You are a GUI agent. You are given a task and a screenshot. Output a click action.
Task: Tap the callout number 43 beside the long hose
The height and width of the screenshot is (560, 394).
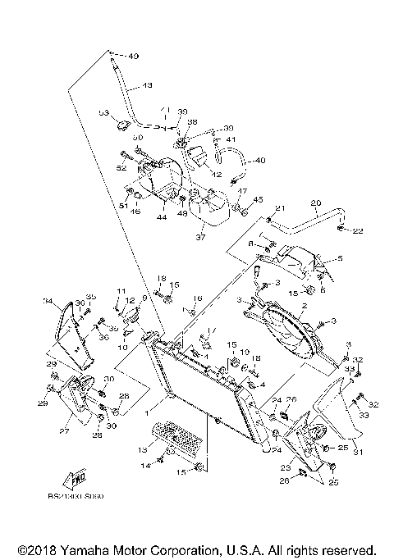tap(148, 85)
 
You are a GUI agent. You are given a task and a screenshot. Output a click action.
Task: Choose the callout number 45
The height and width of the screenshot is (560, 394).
tap(257, 199)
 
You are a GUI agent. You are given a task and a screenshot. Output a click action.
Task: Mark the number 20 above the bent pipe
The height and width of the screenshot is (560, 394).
tap(315, 203)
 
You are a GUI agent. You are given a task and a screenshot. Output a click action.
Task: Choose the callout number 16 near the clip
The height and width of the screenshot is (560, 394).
tap(198, 298)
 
